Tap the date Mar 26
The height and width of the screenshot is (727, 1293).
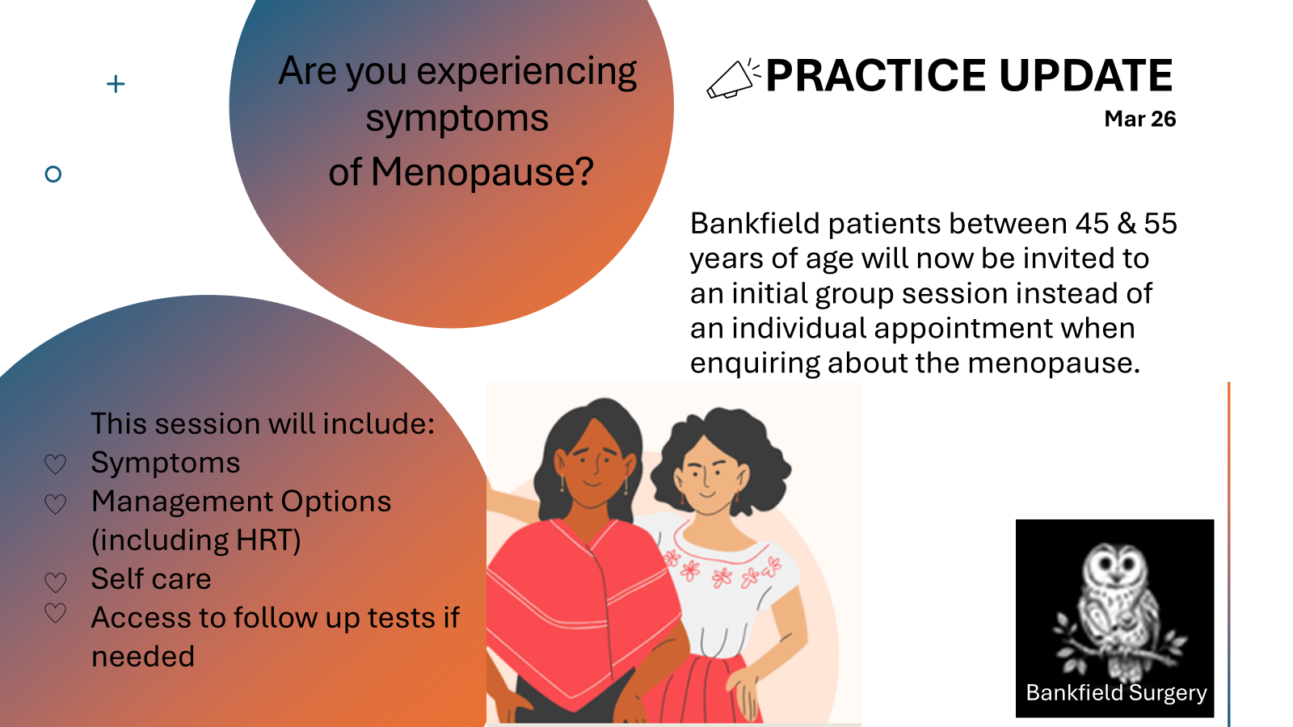(x=1139, y=119)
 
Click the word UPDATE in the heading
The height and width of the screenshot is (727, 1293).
(x=1085, y=76)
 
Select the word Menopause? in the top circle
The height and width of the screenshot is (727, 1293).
(x=482, y=172)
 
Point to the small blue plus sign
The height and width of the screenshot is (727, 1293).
(x=116, y=84)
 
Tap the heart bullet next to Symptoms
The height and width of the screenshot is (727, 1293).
(x=56, y=464)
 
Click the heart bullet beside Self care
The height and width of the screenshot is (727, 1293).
(x=56, y=582)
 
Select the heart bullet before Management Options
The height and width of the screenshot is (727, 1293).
(x=56, y=504)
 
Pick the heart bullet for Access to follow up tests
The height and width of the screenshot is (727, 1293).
(x=56, y=613)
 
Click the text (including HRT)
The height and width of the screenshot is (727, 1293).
(x=196, y=540)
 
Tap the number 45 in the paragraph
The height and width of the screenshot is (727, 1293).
(x=1092, y=223)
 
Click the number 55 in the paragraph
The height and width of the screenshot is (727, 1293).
(x=1160, y=223)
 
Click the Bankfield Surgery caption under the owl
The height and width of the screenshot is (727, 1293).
(x=1116, y=693)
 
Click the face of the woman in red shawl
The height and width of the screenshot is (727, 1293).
(x=592, y=461)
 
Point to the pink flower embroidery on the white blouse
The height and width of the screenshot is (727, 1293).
(x=722, y=571)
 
